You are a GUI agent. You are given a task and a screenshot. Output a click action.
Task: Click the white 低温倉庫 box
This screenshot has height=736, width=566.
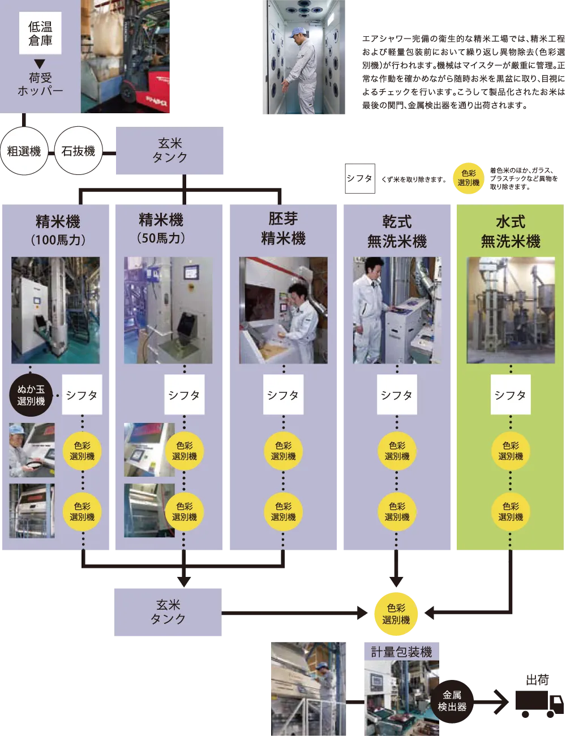pyautogui.click(x=40, y=34)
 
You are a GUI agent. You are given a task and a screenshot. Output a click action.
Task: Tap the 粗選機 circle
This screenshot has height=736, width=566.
pyautogui.click(x=24, y=151)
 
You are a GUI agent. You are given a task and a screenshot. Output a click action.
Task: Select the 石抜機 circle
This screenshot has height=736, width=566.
pyautogui.click(x=78, y=151)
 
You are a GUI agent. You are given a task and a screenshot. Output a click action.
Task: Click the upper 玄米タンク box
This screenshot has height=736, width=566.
pyautogui.click(x=170, y=151)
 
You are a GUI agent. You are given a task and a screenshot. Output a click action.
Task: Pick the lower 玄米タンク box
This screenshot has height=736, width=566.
pyautogui.click(x=168, y=612)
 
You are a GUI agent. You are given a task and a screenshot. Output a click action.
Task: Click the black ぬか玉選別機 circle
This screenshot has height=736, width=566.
pyautogui.click(x=31, y=395)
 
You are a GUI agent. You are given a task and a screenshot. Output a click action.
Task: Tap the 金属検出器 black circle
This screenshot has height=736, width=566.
pyautogui.click(x=452, y=701)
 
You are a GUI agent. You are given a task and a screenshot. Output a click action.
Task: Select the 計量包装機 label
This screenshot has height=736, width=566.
pyautogui.click(x=401, y=652)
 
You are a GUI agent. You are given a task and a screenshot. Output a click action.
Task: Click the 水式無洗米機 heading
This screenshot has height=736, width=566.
pyautogui.click(x=510, y=231)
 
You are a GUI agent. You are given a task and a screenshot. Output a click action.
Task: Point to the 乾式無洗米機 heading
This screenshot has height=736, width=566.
pyautogui.click(x=397, y=231)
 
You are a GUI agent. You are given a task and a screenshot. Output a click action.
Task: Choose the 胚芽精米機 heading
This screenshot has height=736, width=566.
pyautogui.click(x=283, y=229)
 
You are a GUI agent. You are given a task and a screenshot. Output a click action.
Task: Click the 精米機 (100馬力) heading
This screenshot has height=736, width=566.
pyautogui.click(x=58, y=230)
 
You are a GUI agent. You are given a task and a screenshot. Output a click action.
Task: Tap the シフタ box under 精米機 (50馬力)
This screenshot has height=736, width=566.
pyautogui.click(x=184, y=395)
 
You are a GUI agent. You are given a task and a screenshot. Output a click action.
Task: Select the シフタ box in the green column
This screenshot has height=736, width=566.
pyautogui.click(x=510, y=395)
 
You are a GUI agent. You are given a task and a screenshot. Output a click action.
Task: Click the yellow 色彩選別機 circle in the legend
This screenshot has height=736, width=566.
pyautogui.click(x=469, y=178)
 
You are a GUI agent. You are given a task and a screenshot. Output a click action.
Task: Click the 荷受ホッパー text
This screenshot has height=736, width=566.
pyautogui.click(x=40, y=84)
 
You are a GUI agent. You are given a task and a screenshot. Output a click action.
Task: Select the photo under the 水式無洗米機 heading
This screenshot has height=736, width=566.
pyautogui.click(x=511, y=310)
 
